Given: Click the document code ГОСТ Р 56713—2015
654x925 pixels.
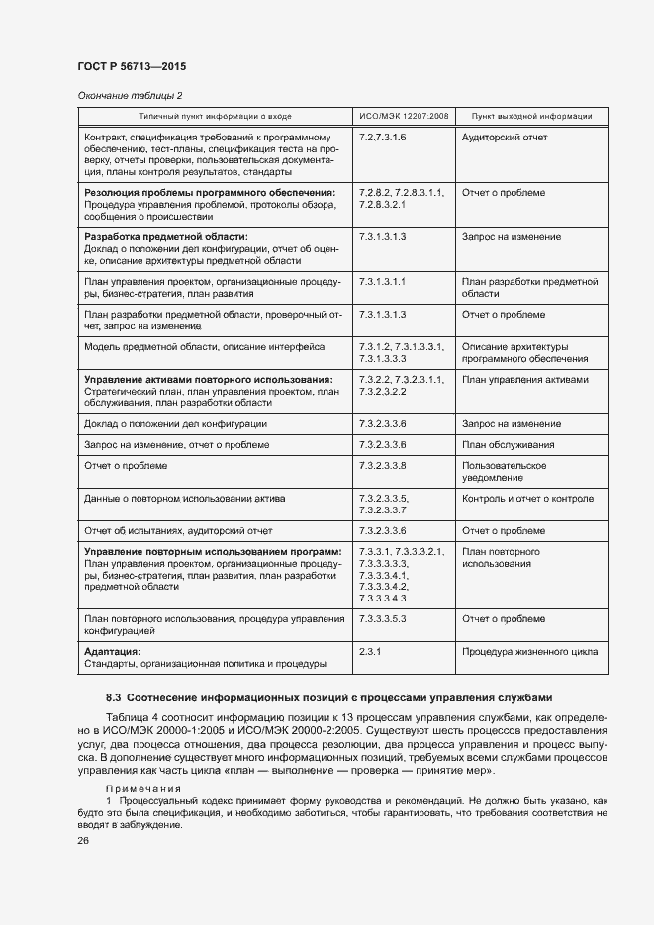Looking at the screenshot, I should (131, 66).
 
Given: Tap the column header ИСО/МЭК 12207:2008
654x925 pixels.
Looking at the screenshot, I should (404, 116).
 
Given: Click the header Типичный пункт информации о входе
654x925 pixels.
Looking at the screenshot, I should (215, 116).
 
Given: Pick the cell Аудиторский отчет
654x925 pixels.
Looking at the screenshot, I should (505, 137).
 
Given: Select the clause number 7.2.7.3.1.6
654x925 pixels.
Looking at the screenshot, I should (383, 137).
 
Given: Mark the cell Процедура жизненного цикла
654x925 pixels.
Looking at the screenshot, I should (527, 652).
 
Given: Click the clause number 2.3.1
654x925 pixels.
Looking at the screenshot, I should (370, 652).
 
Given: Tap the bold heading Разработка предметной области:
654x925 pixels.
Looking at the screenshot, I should (166, 237).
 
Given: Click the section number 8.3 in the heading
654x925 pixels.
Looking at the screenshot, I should (114, 697).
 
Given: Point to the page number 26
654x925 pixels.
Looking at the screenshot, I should (83, 841).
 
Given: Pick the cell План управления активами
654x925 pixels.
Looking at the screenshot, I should (524, 379).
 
